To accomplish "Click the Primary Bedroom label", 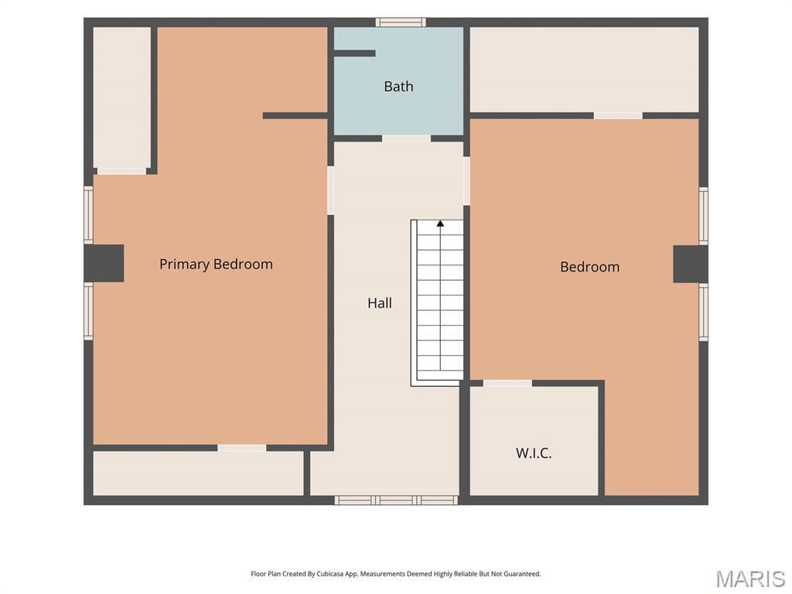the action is pos(216,265).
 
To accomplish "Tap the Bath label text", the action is pos(398,87).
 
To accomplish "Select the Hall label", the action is pos(379,303).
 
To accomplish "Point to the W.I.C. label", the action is pos(534,452).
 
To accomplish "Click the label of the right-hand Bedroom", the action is pos(589,267).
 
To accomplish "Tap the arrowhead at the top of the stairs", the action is pos(440,223).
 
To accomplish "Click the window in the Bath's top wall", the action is pos(401,22).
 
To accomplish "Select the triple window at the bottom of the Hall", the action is pos(396,500).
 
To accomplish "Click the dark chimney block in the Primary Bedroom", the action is pos(104,263).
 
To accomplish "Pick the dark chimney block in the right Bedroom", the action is pos(691,265).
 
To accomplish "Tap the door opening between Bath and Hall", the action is pos(406,138).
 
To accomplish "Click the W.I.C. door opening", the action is pos(507,384).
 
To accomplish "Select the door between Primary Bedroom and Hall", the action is pos(330,190).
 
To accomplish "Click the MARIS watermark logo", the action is pos(750,579).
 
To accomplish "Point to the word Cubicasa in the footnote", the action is pos(331,574).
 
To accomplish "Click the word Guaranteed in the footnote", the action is pos(522,574).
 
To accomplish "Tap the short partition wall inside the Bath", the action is pos(354,53).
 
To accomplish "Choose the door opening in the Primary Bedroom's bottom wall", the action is pos(242,448).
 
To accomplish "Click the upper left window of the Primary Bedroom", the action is pos(88,215).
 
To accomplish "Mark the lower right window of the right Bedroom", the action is pos(703,312).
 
